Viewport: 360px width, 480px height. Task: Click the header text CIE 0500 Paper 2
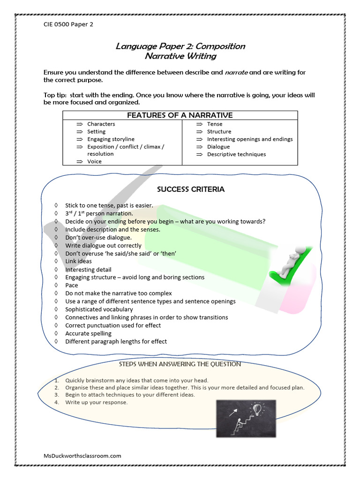coord(68,24)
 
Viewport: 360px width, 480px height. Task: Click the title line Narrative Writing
coord(180,56)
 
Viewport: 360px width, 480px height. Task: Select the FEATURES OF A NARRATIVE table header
coord(180,115)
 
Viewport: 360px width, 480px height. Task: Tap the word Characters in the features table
coord(101,124)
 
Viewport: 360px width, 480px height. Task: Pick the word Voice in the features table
coord(94,161)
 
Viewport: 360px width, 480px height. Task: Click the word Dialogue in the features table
coord(218,147)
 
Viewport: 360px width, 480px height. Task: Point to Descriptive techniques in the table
coord(236,154)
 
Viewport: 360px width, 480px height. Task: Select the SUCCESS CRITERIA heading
coord(190,189)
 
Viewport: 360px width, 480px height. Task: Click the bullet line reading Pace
coord(72,285)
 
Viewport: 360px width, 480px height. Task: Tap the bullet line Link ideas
coord(78,261)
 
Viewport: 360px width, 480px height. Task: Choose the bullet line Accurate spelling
coord(88,333)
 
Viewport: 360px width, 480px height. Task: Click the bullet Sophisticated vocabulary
coord(99,309)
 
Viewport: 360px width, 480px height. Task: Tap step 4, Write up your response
coord(96,402)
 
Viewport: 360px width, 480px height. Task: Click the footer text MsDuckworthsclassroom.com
coord(82,456)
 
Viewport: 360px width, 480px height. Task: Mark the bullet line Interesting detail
coord(88,270)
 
